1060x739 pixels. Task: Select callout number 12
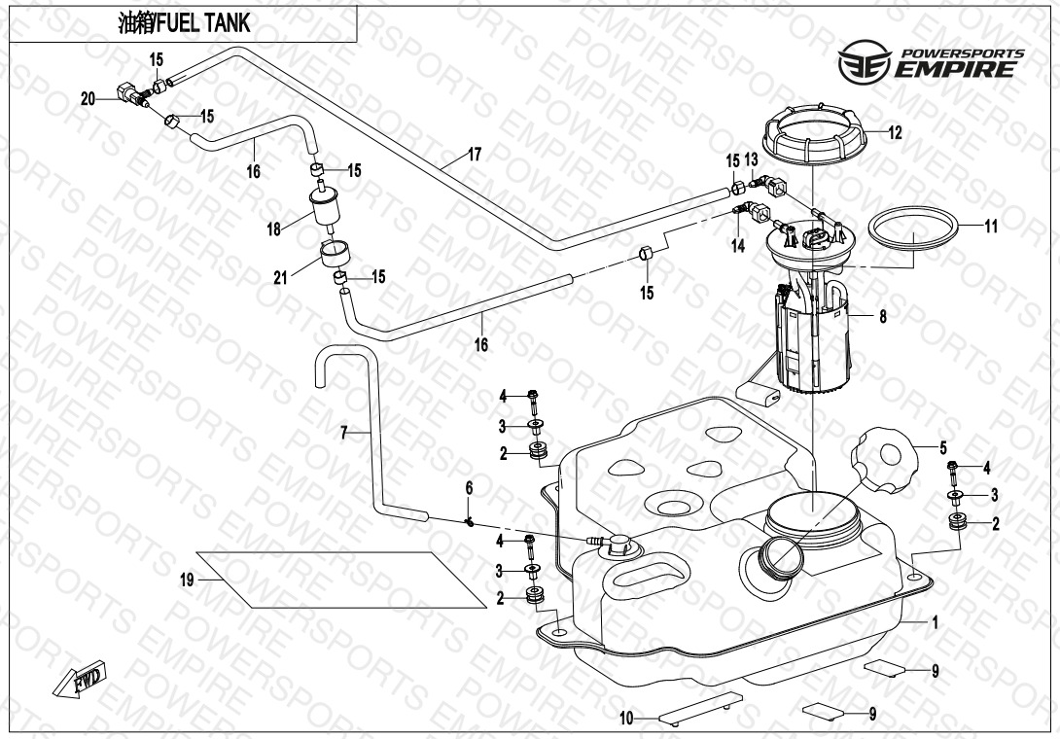tap(895, 133)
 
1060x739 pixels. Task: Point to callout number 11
tap(990, 227)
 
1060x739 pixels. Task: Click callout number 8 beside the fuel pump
tap(882, 315)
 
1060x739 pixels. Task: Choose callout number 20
tap(88, 98)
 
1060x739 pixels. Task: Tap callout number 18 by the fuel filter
tap(274, 229)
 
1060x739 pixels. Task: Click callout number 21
tap(281, 278)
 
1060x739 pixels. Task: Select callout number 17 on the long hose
tap(475, 155)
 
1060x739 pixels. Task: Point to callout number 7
tap(344, 431)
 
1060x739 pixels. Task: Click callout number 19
tap(188, 580)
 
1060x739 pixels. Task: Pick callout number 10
tap(627, 718)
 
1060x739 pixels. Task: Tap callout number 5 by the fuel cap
tap(942, 448)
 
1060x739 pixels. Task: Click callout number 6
tap(468, 486)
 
